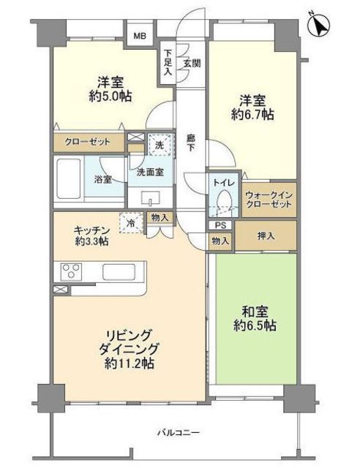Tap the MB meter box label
[x=138, y=34]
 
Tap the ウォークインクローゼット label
[x=269, y=200]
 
